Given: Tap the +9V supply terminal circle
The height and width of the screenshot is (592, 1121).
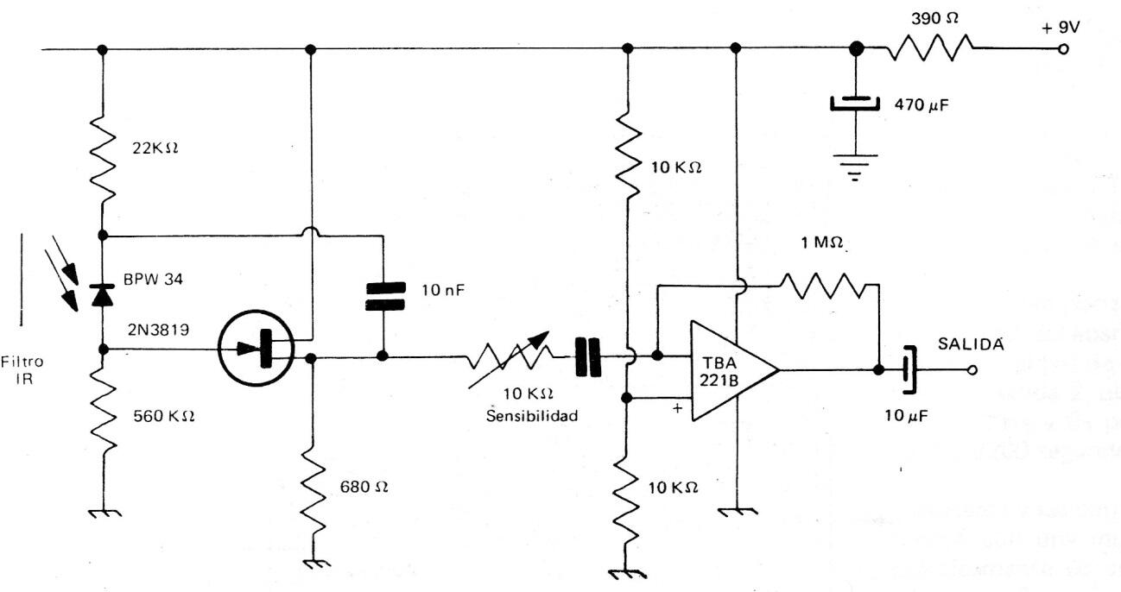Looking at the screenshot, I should [1064, 48].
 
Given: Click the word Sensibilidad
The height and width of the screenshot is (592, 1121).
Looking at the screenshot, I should [531, 415].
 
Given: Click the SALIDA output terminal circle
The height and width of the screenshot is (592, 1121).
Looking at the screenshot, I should [972, 371].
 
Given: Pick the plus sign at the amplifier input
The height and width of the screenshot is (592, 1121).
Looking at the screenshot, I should [677, 409].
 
